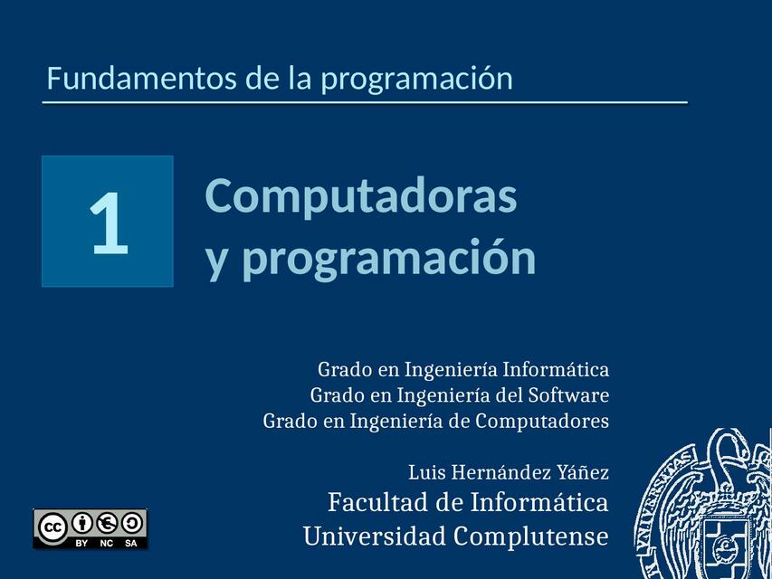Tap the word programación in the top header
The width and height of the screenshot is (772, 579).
pyautogui.click(x=416, y=80)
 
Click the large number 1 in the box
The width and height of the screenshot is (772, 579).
pyautogui.click(x=109, y=223)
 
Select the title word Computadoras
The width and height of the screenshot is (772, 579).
pyautogui.click(x=361, y=195)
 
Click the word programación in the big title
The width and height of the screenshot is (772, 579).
pyautogui.click(x=389, y=258)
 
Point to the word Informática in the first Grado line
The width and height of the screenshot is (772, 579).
pyautogui.click(x=556, y=370)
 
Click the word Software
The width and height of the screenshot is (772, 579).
pyautogui.click(x=569, y=395)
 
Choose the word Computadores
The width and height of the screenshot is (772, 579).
pyautogui.click(x=542, y=421)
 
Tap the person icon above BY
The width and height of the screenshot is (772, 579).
pyautogui.click(x=82, y=523)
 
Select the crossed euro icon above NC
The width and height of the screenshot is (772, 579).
pyautogui.click(x=107, y=523)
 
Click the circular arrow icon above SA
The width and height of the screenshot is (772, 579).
pyautogui.click(x=131, y=523)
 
